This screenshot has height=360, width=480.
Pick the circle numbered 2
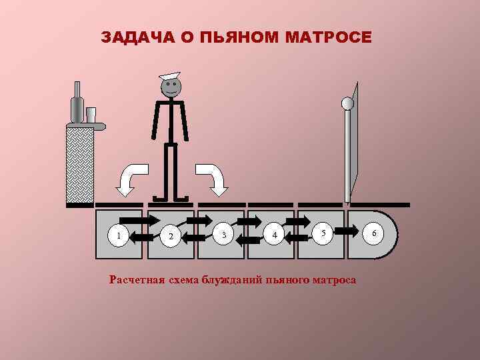(x=171, y=236)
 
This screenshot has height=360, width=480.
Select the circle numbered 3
(x=225, y=235)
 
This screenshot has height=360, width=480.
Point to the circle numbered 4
(x=273, y=235)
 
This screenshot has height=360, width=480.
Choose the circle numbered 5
(x=323, y=233)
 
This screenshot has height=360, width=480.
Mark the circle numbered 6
(x=375, y=233)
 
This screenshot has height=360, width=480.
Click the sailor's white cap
(x=170, y=75)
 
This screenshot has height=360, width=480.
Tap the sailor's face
(x=171, y=87)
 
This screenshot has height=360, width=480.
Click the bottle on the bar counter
(x=77, y=105)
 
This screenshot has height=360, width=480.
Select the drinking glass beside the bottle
(x=91, y=115)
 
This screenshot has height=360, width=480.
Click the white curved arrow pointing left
(x=129, y=180)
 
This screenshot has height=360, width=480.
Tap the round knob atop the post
(x=347, y=103)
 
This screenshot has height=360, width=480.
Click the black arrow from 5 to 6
(x=347, y=230)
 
